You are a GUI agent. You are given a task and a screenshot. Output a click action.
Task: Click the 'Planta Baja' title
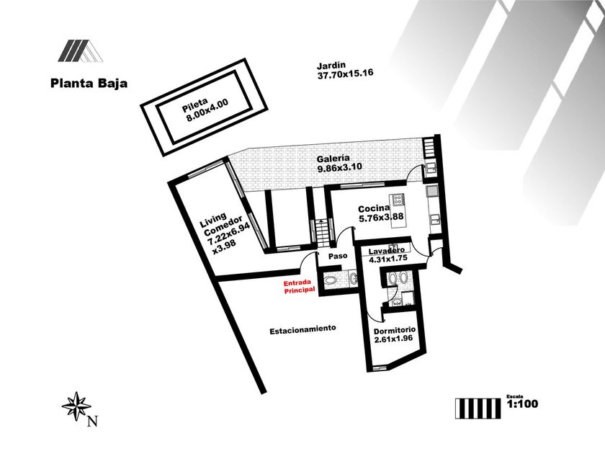pyautogui.click(x=89, y=83)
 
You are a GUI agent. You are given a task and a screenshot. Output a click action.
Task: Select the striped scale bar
pyautogui.click(x=476, y=408)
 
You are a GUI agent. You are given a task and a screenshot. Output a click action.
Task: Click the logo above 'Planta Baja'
pyautogui.click(x=80, y=50)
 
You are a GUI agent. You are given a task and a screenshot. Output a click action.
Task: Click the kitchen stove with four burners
pyautogui.click(x=397, y=200)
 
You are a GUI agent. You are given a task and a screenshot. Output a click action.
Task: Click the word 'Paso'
pyautogui.click(x=337, y=256)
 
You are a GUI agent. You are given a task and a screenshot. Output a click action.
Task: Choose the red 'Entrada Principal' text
pyautogui.click(x=300, y=286)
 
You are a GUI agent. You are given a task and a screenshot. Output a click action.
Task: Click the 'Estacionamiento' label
pyautogui.click(x=302, y=329)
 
